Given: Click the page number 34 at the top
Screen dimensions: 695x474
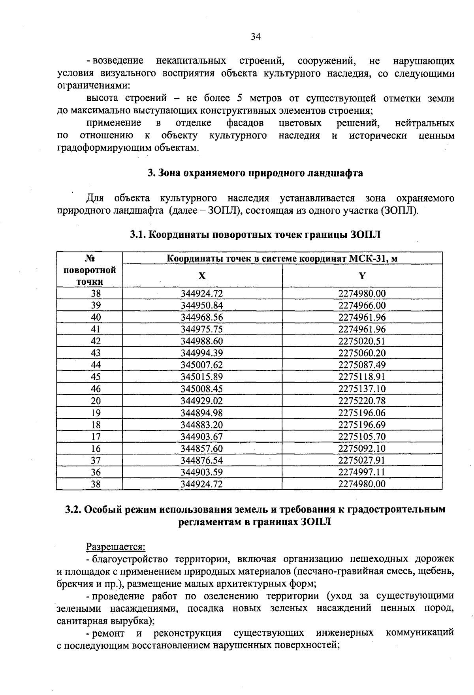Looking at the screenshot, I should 256,37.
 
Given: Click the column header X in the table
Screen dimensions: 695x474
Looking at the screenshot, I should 202,276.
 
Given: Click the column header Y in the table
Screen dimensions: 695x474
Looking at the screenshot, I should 362,276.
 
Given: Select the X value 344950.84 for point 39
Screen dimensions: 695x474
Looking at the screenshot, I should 202,306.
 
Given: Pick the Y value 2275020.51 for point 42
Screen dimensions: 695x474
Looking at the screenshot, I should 362,341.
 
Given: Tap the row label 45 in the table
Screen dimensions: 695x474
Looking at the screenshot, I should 96,377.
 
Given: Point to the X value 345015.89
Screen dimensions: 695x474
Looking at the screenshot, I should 202,377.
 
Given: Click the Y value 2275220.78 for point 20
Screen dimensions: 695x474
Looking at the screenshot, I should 362,401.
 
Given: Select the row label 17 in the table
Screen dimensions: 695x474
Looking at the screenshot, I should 96,437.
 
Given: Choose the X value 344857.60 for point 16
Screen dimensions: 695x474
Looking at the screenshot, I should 202,449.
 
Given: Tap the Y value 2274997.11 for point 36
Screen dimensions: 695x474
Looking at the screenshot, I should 362,472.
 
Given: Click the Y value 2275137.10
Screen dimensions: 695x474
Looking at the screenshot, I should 362,389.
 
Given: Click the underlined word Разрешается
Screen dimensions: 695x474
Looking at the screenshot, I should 116,547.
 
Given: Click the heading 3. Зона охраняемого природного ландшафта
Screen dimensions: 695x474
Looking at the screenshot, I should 255,173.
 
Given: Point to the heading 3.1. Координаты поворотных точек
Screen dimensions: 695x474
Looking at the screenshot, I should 255,235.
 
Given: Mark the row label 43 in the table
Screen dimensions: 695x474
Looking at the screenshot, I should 96,353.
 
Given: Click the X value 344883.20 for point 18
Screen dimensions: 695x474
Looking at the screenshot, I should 202,425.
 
